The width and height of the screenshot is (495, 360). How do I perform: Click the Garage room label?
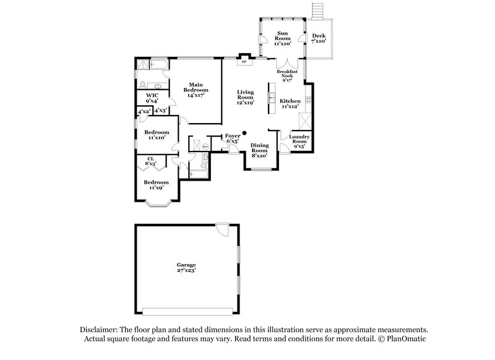[x=186, y=267]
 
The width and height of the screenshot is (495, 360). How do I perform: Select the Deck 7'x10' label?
[x=319, y=38]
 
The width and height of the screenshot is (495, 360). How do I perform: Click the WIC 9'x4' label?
[x=152, y=98]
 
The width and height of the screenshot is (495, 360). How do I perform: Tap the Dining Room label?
[x=259, y=150]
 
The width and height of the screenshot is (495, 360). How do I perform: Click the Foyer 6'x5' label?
[x=232, y=138]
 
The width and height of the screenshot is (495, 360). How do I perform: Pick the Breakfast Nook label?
[x=288, y=75]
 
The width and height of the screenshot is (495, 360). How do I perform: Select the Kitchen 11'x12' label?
[x=290, y=103]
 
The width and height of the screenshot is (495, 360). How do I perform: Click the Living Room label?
[x=246, y=97]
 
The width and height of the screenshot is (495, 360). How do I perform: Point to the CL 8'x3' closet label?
[x=150, y=161]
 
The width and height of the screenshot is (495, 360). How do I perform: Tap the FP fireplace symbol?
[x=244, y=62]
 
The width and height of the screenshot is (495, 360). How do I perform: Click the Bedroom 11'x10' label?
[x=157, y=135]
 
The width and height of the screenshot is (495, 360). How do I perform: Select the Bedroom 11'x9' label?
[x=156, y=185]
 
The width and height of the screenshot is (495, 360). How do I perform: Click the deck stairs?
[x=319, y=11]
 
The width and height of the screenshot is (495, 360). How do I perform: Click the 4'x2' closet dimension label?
[x=144, y=111]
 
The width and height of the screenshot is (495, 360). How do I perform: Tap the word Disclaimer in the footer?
[x=100, y=330]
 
